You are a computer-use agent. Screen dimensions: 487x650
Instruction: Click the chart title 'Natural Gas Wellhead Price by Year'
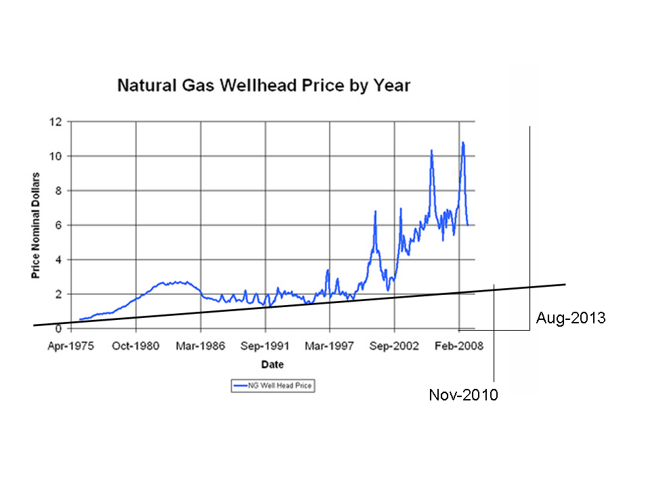click(264, 87)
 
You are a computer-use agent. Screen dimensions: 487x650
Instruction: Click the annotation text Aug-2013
click(571, 318)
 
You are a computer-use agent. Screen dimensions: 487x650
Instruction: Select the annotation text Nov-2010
click(463, 395)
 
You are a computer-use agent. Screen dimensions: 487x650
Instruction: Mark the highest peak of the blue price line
click(462, 142)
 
